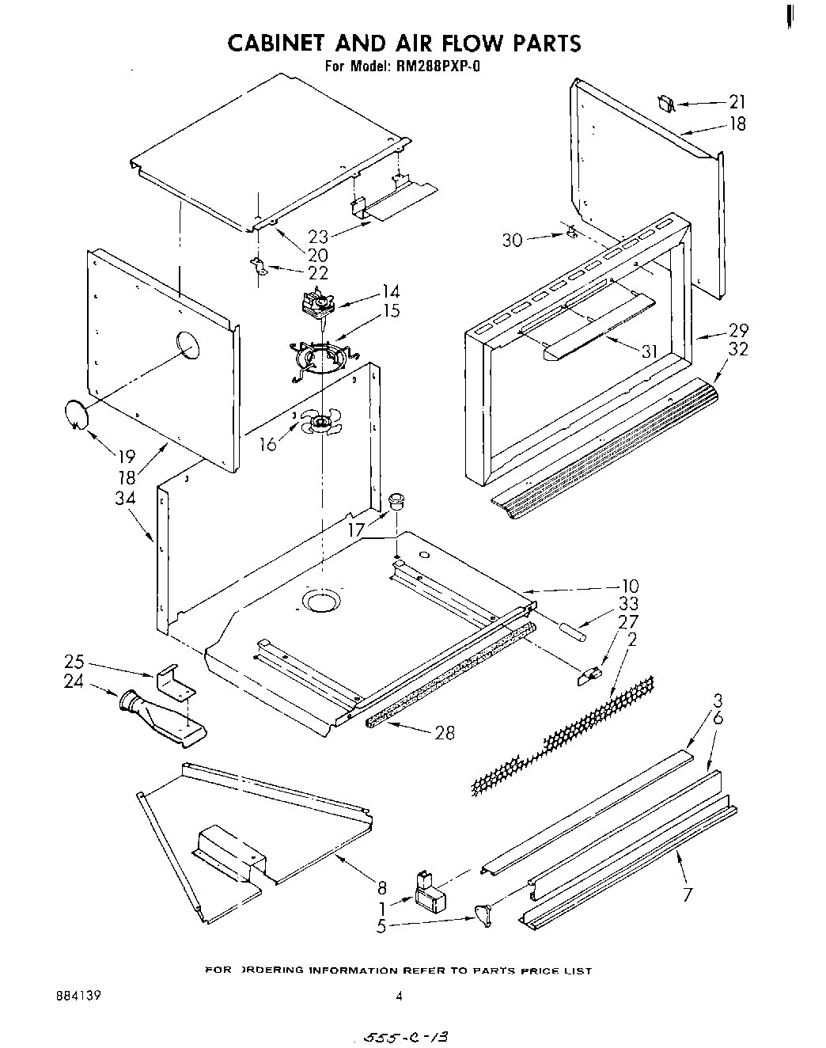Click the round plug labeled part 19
point(76,414)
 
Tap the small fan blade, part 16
point(320,423)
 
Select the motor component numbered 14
point(319,304)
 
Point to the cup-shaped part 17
point(398,500)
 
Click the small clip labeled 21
point(665,104)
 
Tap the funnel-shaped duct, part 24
point(158,716)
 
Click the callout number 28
point(445,732)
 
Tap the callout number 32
point(738,349)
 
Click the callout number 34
point(125,499)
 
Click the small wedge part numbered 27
point(589,674)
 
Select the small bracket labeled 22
point(258,266)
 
